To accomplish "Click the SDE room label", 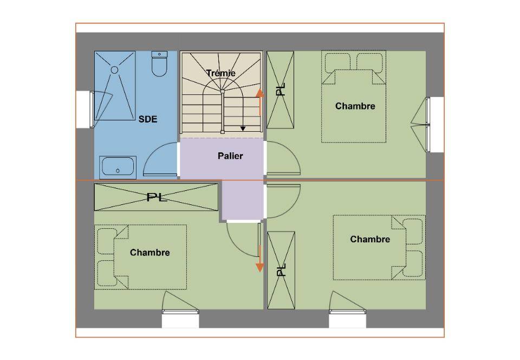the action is (148, 119).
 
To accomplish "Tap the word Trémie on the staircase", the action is (221, 73).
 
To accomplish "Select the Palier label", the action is (231, 156).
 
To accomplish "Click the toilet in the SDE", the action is (159, 63).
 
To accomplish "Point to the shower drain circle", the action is (114, 70).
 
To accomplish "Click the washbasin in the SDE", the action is (118, 167).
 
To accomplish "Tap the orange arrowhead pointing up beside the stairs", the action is (259, 93).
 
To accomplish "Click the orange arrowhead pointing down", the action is (259, 267).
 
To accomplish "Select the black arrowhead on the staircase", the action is (243, 128).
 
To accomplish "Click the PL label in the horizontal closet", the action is (157, 197).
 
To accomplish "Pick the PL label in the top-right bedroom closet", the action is (281, 89).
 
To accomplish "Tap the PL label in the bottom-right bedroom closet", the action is (281, 269).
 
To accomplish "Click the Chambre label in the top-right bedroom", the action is (355, 106).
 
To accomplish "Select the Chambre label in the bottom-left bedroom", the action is (150, 253).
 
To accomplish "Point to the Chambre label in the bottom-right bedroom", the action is (370, 239).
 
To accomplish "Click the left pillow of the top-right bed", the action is (337, 62).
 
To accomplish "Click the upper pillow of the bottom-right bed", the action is (412, 232).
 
